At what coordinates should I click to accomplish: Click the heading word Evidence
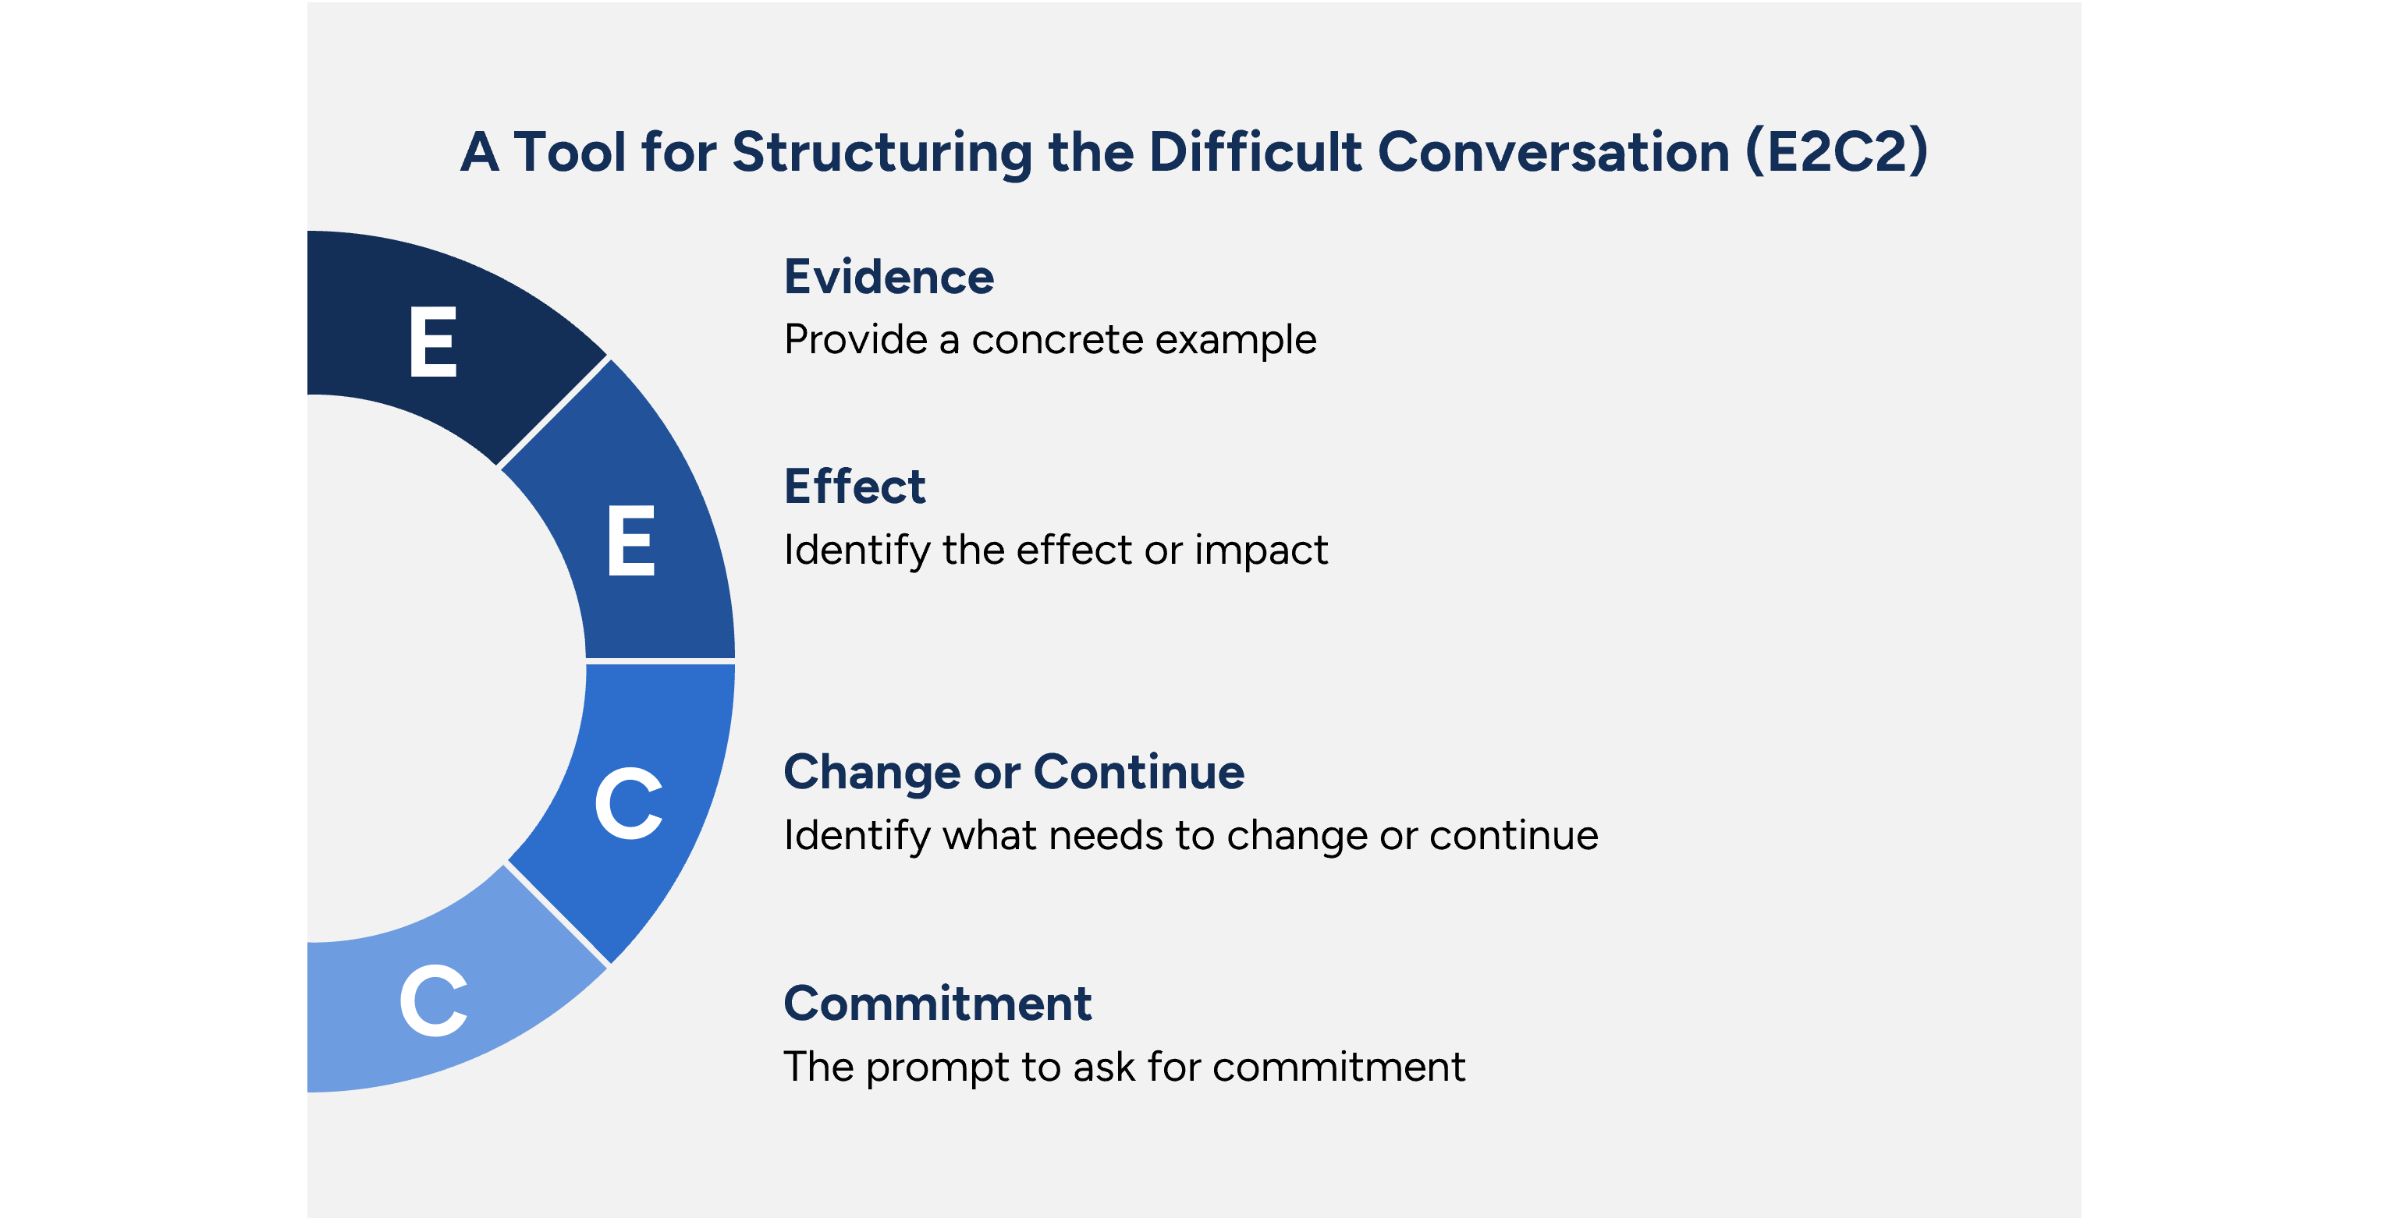pyautogui.click(x=889, y=277)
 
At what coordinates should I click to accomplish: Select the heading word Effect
pyautogui.click(x=854, y=487)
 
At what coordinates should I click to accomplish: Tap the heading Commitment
pyautogui.click(x=937, y=1004)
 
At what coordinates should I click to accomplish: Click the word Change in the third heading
pyautogui.click(x=871, y=773)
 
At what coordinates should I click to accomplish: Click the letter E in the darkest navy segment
pyautogui.click(x=433, y=342)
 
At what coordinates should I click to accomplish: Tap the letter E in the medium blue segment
pyautogui.click(x=630, y=541)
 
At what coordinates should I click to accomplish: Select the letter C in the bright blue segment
pyautogui.click(x=629, y=804)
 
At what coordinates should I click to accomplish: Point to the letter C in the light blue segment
pyautogui.click(x=433, y=1001)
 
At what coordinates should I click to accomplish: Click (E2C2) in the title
pyautogui.click(x=1837, y=152)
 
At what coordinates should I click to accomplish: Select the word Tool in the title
pyautogui.click(x=570, y=152)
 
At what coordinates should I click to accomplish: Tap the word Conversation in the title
pyautogui.click(x=1553, y=152)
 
